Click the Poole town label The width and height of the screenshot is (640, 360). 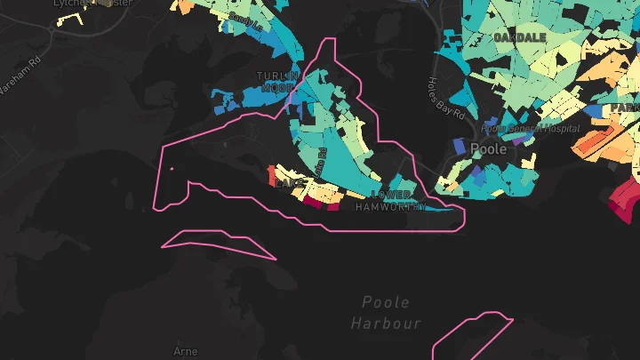point(488,149)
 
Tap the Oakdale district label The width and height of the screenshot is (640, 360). point(518,38)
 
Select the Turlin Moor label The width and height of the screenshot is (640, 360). point(278,83)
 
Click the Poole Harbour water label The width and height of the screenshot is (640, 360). point(387,313)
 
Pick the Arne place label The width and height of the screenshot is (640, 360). point(187,352)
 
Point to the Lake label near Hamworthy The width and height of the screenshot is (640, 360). point(289,183)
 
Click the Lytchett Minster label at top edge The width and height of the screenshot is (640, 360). point(93,4)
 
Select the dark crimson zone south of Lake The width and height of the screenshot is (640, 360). point(313,201)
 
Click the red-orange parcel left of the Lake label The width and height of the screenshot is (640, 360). point(272,174)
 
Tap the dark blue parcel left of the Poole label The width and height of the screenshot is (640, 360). point(460,144)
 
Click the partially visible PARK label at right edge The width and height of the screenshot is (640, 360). point(625,108)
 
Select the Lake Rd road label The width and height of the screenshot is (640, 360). point(321,160)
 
